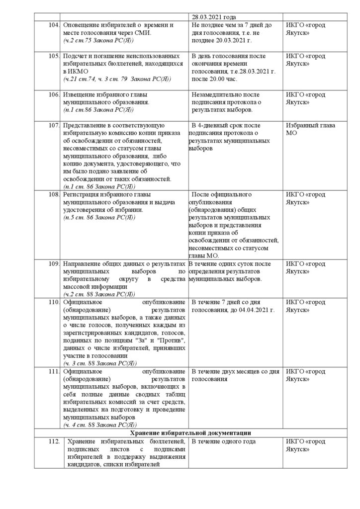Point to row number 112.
tap(52, 441)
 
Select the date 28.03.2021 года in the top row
tap(213, 16)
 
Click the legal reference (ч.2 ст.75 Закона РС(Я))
tap(99, 39)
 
